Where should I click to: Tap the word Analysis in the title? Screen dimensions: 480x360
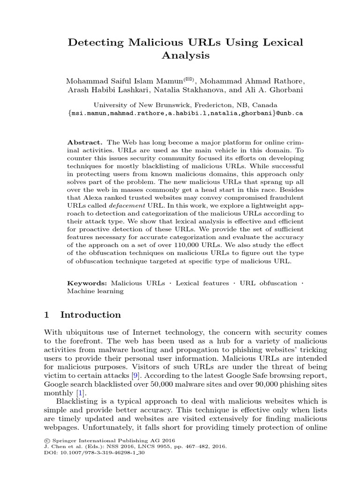[x=185, y=56]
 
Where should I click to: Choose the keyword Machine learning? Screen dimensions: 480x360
[x=96, y=291]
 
